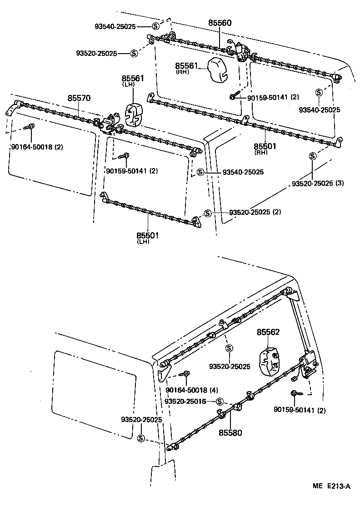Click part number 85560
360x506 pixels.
(x=220, y=22)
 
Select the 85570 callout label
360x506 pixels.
(x=79, y=98)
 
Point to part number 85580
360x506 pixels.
(x=230, y=432)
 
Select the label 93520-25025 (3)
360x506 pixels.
(x=318, y=184)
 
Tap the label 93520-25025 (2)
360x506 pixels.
(x=255, y=213)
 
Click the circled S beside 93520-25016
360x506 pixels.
(x=220, y=401)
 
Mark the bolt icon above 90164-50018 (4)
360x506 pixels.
(x=186, y=374)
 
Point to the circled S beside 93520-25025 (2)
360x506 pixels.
(x=207, y=213)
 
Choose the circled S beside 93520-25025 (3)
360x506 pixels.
(x=313, y=156)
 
